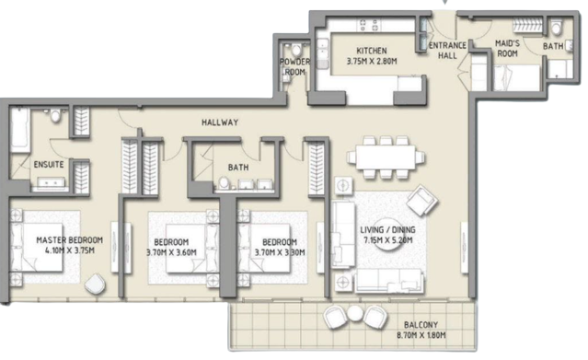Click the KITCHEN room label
tap(371, 51)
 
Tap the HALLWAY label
tap(220, 122)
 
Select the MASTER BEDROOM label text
tap(69, 240)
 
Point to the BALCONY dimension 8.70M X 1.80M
tap(421, 335)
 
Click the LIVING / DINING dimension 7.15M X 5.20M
tap(387, 240)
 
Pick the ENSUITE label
tap(49, 165)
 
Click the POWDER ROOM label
tap(295, 66)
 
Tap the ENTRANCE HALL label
tap(447, 51)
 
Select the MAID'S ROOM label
tap(507, 49)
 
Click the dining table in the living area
tap(386, 157)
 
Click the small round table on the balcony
tap(354, 313)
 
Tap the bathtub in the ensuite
tap(20, 130)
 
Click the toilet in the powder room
tap(296, 49)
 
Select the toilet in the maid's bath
tap(557, 28)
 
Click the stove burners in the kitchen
tap(369, 26)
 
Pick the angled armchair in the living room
tap(422, 200)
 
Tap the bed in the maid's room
tap(517, 77)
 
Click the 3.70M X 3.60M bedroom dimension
tap(171, 252)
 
